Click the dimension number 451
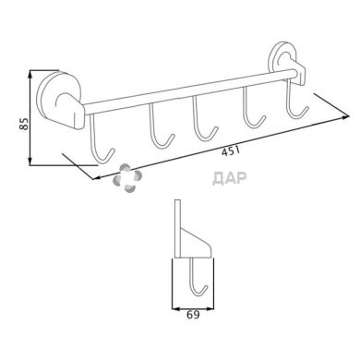(231, 151)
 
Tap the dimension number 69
(193, 315)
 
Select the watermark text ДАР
(230, 179)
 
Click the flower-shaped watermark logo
(127, 178)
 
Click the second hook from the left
(160, 127)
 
